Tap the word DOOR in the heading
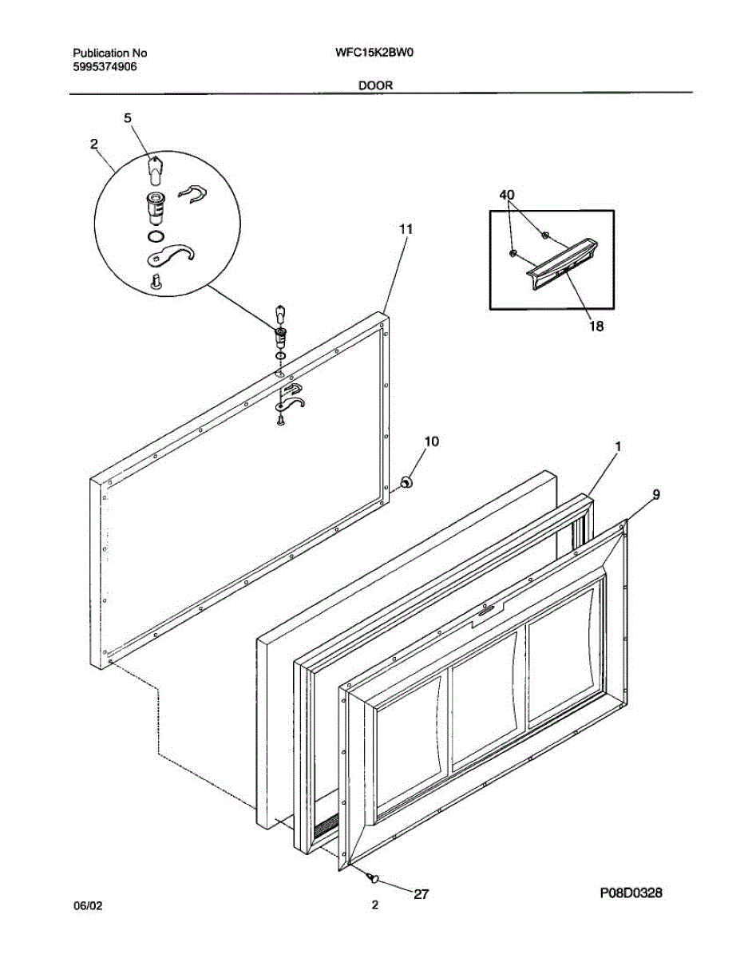374,85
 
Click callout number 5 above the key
127,117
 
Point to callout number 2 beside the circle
94,144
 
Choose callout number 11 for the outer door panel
406,229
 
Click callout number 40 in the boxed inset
507,195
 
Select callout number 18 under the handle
595,326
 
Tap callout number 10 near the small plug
431,441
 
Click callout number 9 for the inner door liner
655,495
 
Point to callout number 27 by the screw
421,894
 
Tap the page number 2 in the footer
374,905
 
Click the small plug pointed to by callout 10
406,481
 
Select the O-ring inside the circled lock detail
156,236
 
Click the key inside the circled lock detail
156,168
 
